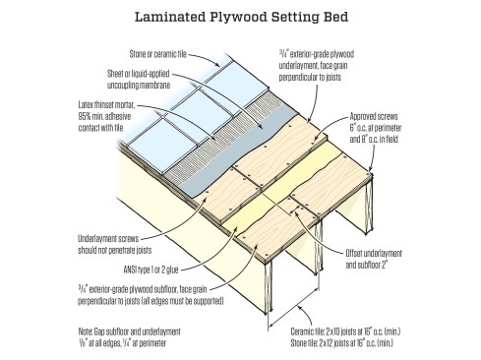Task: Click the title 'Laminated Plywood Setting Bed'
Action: (241, 17)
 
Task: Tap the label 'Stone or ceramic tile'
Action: (157, 54)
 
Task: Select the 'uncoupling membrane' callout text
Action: (138, 80)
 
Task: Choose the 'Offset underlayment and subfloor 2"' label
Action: (374, 259)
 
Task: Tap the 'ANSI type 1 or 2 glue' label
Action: (150, 270)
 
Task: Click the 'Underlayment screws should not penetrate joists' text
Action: (115, 244)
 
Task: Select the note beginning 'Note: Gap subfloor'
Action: (129, 337)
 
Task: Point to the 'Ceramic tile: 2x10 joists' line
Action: (345, 331)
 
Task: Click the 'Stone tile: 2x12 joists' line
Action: (342, 343)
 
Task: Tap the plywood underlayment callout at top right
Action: (317, 65)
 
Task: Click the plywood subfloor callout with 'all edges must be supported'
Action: (150, 295)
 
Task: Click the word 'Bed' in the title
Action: (335, 17)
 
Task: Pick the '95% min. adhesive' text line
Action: (104, 116)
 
